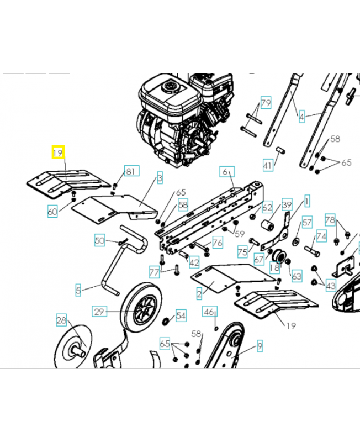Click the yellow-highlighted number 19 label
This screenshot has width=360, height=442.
(x=58, y=152)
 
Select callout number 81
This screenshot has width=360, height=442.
(x=131, y=171)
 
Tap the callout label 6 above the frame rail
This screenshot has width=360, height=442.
(x=227, y=172)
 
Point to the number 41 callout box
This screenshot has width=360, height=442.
(x=268, y=165)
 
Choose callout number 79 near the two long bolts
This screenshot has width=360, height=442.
(x=266, y=103)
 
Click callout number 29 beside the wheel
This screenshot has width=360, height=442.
(x=99, y=311)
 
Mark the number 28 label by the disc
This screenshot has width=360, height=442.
(x=61, y=320)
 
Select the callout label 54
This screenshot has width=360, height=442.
(x=181, y=315)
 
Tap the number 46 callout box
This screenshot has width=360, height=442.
(x=210, y=311)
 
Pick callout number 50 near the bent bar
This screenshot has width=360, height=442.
(x=100, y=240)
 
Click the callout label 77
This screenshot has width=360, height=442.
(x=155, y=272)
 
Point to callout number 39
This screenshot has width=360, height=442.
(x=287, y=204)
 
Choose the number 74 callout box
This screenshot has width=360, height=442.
(x=321, y=236)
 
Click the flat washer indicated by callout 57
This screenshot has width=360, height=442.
(x=296, y=241)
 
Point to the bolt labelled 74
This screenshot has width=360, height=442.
(x=312, y=251)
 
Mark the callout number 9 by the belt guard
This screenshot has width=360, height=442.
(x=260, y=346)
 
